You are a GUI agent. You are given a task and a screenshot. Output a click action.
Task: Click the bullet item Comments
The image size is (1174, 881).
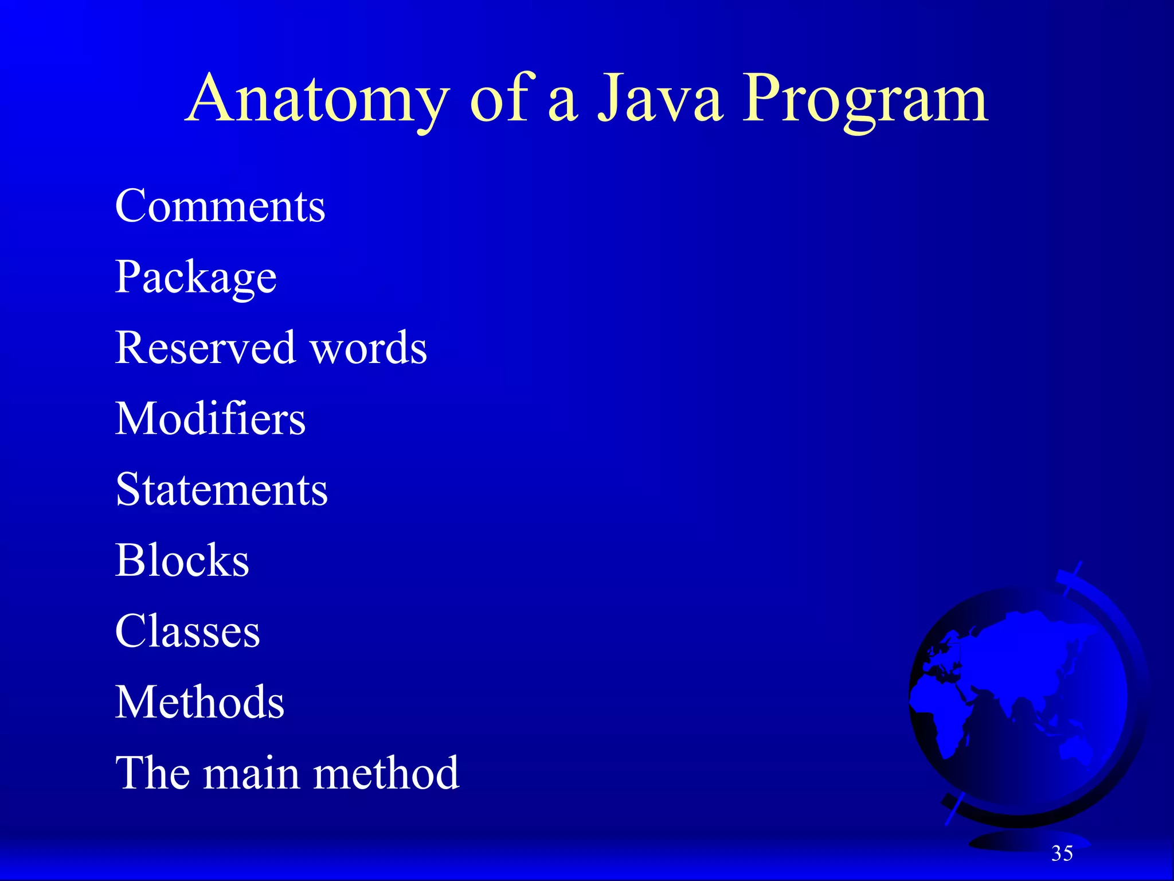(x=220, y=206)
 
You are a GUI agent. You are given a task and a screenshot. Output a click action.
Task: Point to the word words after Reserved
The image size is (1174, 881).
(x=369, y=348)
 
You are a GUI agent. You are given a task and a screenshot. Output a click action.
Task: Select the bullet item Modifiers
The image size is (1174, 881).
(x=210, y=419)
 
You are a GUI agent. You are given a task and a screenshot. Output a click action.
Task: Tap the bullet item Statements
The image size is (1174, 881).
(x=221, y=490)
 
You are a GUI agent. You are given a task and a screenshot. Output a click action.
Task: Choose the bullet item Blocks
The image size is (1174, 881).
(x=182, y=560)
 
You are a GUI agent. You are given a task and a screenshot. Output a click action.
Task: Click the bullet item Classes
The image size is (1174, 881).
(x=187, y=631)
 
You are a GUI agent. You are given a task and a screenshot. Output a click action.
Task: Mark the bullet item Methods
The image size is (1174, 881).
(x=199, y=702)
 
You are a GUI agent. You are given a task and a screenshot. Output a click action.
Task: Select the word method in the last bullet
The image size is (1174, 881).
(x=386, y=773)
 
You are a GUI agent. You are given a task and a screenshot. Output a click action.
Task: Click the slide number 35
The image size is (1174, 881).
(x=1062, y=853)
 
